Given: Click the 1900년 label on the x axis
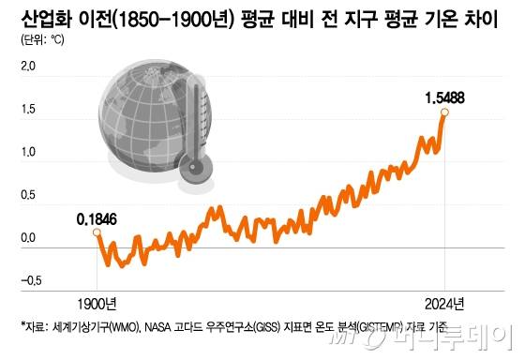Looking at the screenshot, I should (97, 303).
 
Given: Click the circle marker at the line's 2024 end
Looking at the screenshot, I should (444, 112).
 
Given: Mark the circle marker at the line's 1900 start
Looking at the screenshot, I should (97, 234).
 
